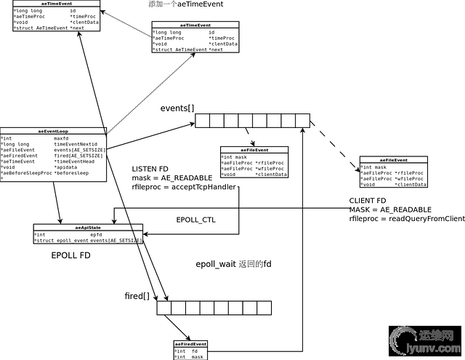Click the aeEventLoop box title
(x=53, y=131)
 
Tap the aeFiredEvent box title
(x=190, y=343)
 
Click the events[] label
(x=177, y=109)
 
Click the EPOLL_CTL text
(x=196, y=220)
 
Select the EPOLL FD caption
(x=70, y=256)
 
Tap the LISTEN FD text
(x=150, y=169)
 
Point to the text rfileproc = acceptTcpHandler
(x=185, y=187)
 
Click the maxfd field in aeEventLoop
(x=61, y=137)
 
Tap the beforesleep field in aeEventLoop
(x=72, y=173)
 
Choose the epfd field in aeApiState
(x=96, y=235)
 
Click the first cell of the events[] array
(x=202, y=120)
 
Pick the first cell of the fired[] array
(x=163, y=308)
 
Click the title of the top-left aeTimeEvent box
(x=50, y=4)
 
